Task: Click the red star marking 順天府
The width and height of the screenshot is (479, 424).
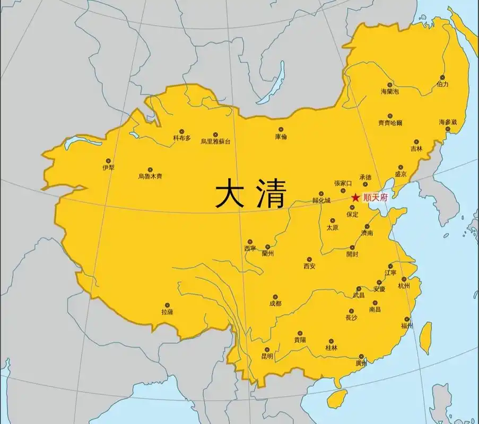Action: coord(355,197)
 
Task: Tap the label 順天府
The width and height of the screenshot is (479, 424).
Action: coord(375,197)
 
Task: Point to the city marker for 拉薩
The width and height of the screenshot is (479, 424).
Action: coord(167,305)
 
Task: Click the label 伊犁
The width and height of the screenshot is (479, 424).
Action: coord(108,167)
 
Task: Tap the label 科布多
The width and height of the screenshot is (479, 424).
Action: coord(181,138)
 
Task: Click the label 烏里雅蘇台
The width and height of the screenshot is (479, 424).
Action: coord(215,142)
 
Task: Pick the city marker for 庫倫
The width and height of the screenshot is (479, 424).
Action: coord(281,129)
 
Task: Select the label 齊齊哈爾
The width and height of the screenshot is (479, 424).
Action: coord(390,123)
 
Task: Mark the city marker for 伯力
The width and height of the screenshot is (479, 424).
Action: coord(442,77)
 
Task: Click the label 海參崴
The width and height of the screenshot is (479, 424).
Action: coord(448,122)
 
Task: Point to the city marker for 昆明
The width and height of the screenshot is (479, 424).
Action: coord(267,350)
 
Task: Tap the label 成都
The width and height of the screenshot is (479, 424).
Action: coord(275,304)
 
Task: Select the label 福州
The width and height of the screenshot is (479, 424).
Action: coord(407,326)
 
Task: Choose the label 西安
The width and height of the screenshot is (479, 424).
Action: coord(309,266)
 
